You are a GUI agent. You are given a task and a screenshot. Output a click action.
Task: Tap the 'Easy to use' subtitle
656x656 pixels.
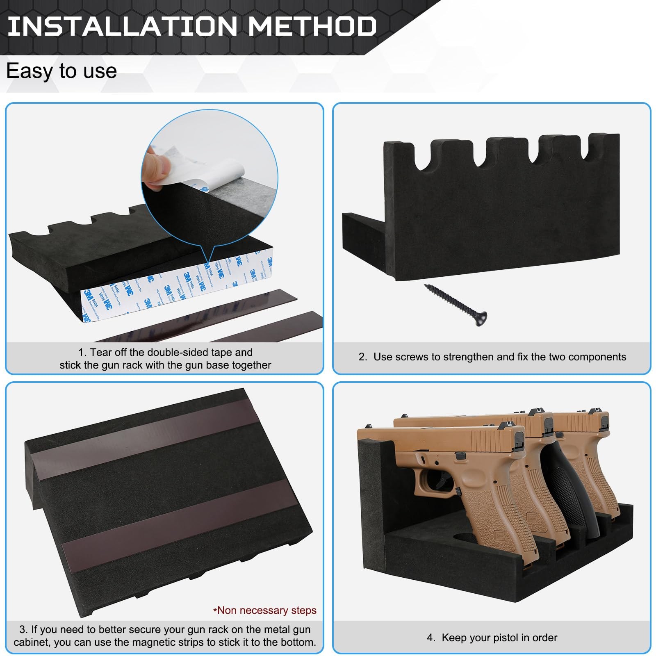pos(61,71)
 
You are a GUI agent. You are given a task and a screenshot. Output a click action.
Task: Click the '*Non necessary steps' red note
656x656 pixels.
pos(265,610)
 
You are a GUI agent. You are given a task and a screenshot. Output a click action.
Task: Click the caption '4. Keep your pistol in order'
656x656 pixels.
pos(492,638)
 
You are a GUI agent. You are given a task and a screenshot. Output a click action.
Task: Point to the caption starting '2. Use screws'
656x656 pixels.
pos(492,357)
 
